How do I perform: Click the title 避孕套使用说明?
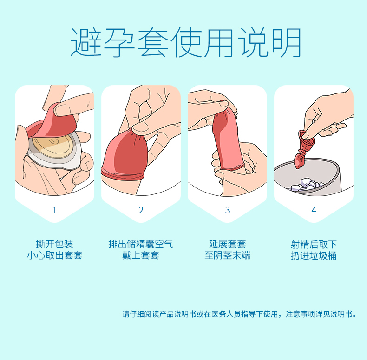(186, 42)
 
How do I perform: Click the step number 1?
(55, 210)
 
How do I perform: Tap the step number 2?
(141, 210)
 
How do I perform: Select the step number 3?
(228, 210)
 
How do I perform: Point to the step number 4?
(314, 210)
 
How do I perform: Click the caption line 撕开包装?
(54, 244)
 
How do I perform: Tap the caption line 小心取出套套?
(54, 255)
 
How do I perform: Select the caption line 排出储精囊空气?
(141, 244)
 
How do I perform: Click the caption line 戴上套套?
(141, 255)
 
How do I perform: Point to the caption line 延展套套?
(228, 244)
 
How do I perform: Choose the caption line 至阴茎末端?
(228, 255)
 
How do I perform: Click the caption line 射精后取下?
(314, 245)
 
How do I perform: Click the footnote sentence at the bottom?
(239, 314)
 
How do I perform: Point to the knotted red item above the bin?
(303, 149)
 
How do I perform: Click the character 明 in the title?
(287, 42)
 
